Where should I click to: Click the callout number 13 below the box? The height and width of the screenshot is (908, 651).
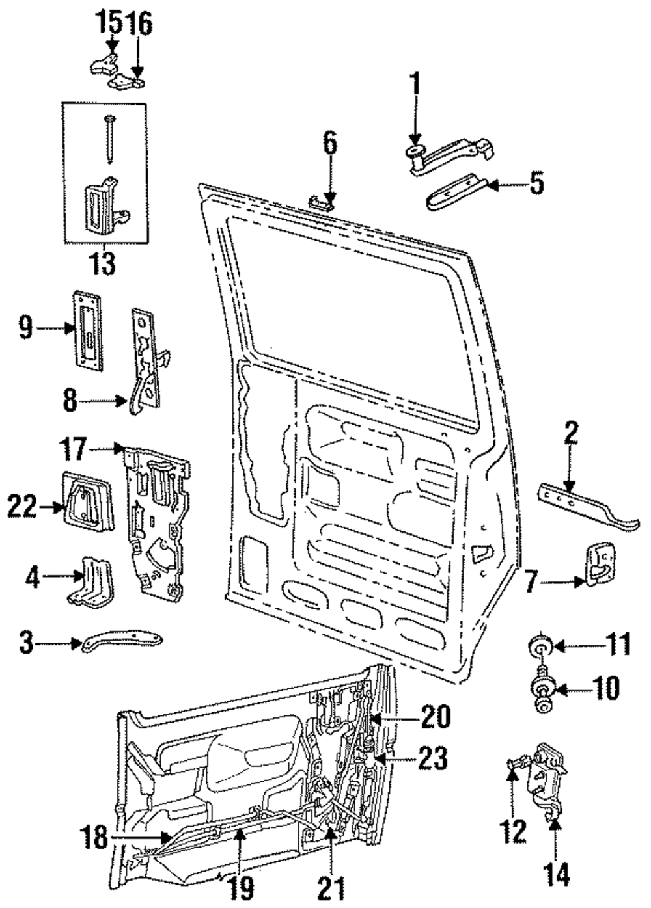tap(103, 264)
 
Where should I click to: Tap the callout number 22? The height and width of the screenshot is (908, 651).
tap(23, 507)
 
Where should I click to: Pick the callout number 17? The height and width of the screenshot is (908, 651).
tap(73, 449)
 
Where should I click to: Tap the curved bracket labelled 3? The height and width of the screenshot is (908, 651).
tap(123, 643)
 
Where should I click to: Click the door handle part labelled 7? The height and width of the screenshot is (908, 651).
tap(600, 564)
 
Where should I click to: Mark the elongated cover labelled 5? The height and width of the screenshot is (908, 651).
tap(454, 193)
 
